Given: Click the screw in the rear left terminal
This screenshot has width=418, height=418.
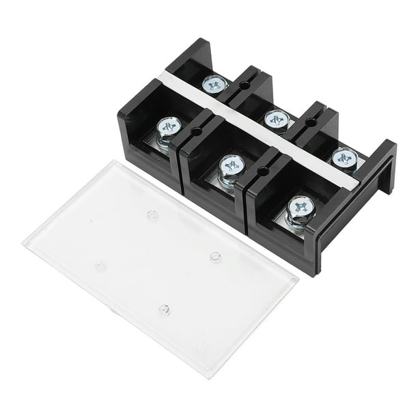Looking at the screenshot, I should (214, 84).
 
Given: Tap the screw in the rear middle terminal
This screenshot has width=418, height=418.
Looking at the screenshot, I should (276, 119).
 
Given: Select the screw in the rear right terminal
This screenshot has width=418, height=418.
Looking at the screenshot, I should (344, 158).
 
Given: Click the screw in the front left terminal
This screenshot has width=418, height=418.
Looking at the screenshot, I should (169, 127).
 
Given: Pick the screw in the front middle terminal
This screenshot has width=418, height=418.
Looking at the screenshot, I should (233, 165).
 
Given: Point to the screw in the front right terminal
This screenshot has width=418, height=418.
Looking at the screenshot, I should (301, 206).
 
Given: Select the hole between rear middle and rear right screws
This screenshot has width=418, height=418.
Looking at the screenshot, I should (311, 122).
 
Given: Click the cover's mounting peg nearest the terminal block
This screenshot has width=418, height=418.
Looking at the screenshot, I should (152, 215).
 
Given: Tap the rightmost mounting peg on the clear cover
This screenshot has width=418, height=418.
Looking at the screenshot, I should (215, 257).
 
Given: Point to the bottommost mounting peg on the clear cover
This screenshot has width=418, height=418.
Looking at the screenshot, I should (165, 309).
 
